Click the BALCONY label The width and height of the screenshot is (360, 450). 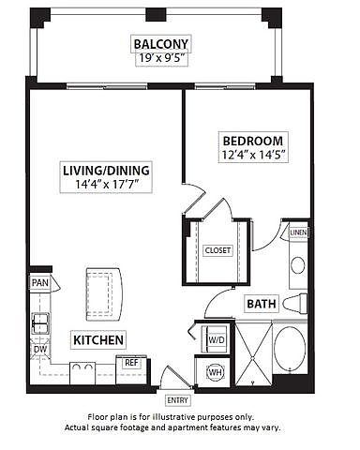click(x=160, y=44)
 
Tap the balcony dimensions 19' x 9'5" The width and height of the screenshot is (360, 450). click(x=160, y=58)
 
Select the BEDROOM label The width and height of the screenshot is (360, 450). click(x=253, y=141)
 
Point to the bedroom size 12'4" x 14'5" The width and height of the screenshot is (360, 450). click(x=253, y=155)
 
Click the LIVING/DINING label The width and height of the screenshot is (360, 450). click(x=106, y=171)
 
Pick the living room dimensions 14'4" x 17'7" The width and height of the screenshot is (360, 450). click(x=106, y=185)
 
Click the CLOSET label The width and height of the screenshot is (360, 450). click(x=217, y=250)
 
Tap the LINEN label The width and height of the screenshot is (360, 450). click(x=298, y=232)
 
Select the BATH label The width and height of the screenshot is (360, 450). click(x=262, y=304)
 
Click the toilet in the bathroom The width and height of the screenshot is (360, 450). click(x=295, y=303)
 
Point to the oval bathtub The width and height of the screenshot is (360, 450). click(x=290, y=348)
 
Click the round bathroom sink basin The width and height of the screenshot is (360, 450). click(x=298, y=265)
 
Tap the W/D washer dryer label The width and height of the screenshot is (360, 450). click(x=217, y=340)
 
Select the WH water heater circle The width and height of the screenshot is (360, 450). click(x=216, y=372)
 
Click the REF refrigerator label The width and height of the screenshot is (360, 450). click(x=131, y=363)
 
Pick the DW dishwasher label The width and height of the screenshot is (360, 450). click(x=40, y=349)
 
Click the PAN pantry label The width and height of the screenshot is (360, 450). click(x=40, y=283)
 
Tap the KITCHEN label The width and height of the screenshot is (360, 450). click(x=98, y=340)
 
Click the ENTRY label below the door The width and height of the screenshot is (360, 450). click(x=177, y=400)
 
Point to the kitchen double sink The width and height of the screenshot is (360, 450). click(x=40, y=323)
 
